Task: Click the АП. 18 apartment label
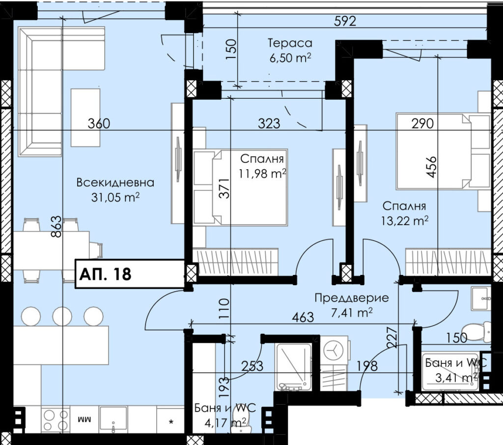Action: coord(105,274)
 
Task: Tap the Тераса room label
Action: coord(290,43)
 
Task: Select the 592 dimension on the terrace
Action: coord(345,21)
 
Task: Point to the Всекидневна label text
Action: coord(115,183)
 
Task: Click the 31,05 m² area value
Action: coord(115,197)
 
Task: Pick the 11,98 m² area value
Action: coord(262,174)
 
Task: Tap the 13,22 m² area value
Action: coord(405,221)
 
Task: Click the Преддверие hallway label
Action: coord(352,298)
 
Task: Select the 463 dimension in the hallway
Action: coord(303,317)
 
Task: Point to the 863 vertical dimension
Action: coord(56,226)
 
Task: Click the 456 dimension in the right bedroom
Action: coord(432,167)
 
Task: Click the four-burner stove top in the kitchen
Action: coord(56,419)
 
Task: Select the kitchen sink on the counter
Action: coord(113,418)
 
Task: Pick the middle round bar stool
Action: coord(62,316)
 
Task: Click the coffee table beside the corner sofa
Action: coord(85,118)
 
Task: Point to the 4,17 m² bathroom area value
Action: coord(226,422)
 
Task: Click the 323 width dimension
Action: coord(269,123)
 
